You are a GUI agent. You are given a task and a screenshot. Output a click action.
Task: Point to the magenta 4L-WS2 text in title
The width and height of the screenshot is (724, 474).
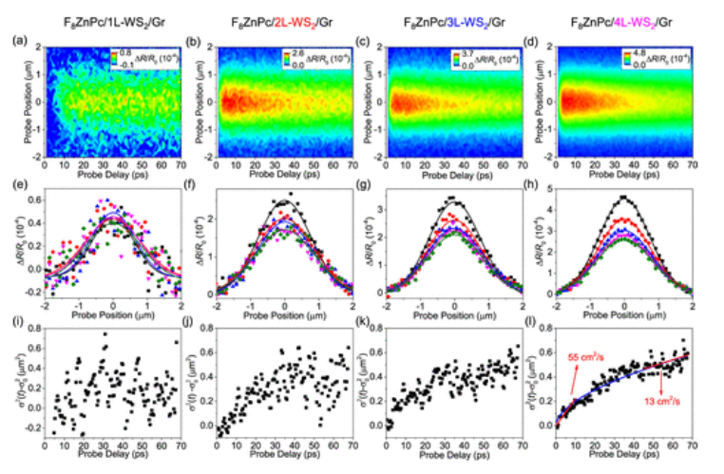tap(646, 20)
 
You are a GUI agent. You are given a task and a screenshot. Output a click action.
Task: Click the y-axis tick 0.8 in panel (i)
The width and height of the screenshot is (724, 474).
tap(39, 328)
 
